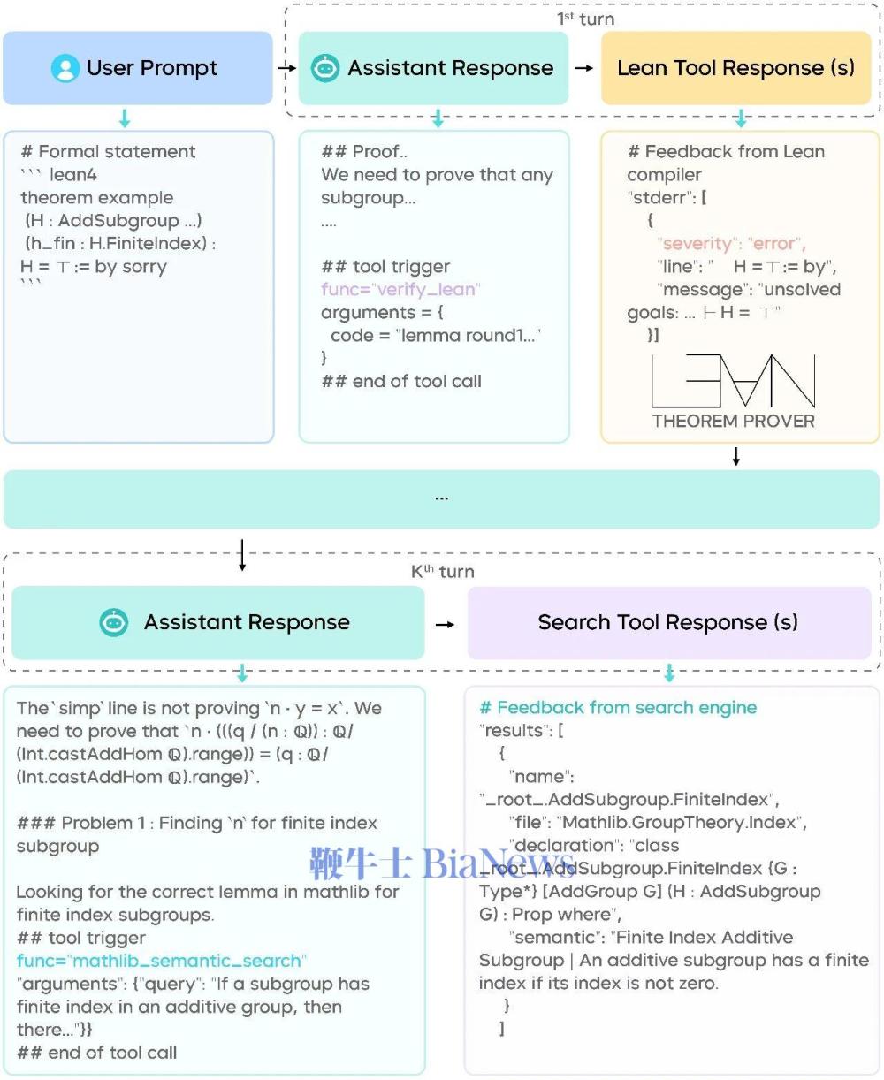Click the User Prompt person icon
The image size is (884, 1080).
(65, 68)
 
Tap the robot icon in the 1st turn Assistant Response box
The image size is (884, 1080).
(325, 68)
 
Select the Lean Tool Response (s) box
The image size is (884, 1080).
(735, 68)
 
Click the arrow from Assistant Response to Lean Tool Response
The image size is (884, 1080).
(583, 68)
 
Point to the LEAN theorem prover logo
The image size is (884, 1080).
(734, 381)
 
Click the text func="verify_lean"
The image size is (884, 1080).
(400, 290)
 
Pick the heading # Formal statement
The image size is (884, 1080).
(108, 152)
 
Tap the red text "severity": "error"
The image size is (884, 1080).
(731, 244)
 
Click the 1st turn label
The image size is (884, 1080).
(585, 19)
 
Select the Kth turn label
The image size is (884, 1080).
(442, 572)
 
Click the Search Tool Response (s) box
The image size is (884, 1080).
(668, 622)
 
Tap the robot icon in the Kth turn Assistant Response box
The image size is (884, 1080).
(113, 622)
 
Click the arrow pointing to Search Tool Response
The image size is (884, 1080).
(445, 624)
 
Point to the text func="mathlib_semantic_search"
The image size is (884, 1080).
(161, 961)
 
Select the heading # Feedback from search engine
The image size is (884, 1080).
(618, 708)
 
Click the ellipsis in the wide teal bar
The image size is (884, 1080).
(441, 498)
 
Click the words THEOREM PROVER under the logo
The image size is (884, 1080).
(734, 422)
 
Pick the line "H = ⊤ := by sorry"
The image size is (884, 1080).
(94, 267)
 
